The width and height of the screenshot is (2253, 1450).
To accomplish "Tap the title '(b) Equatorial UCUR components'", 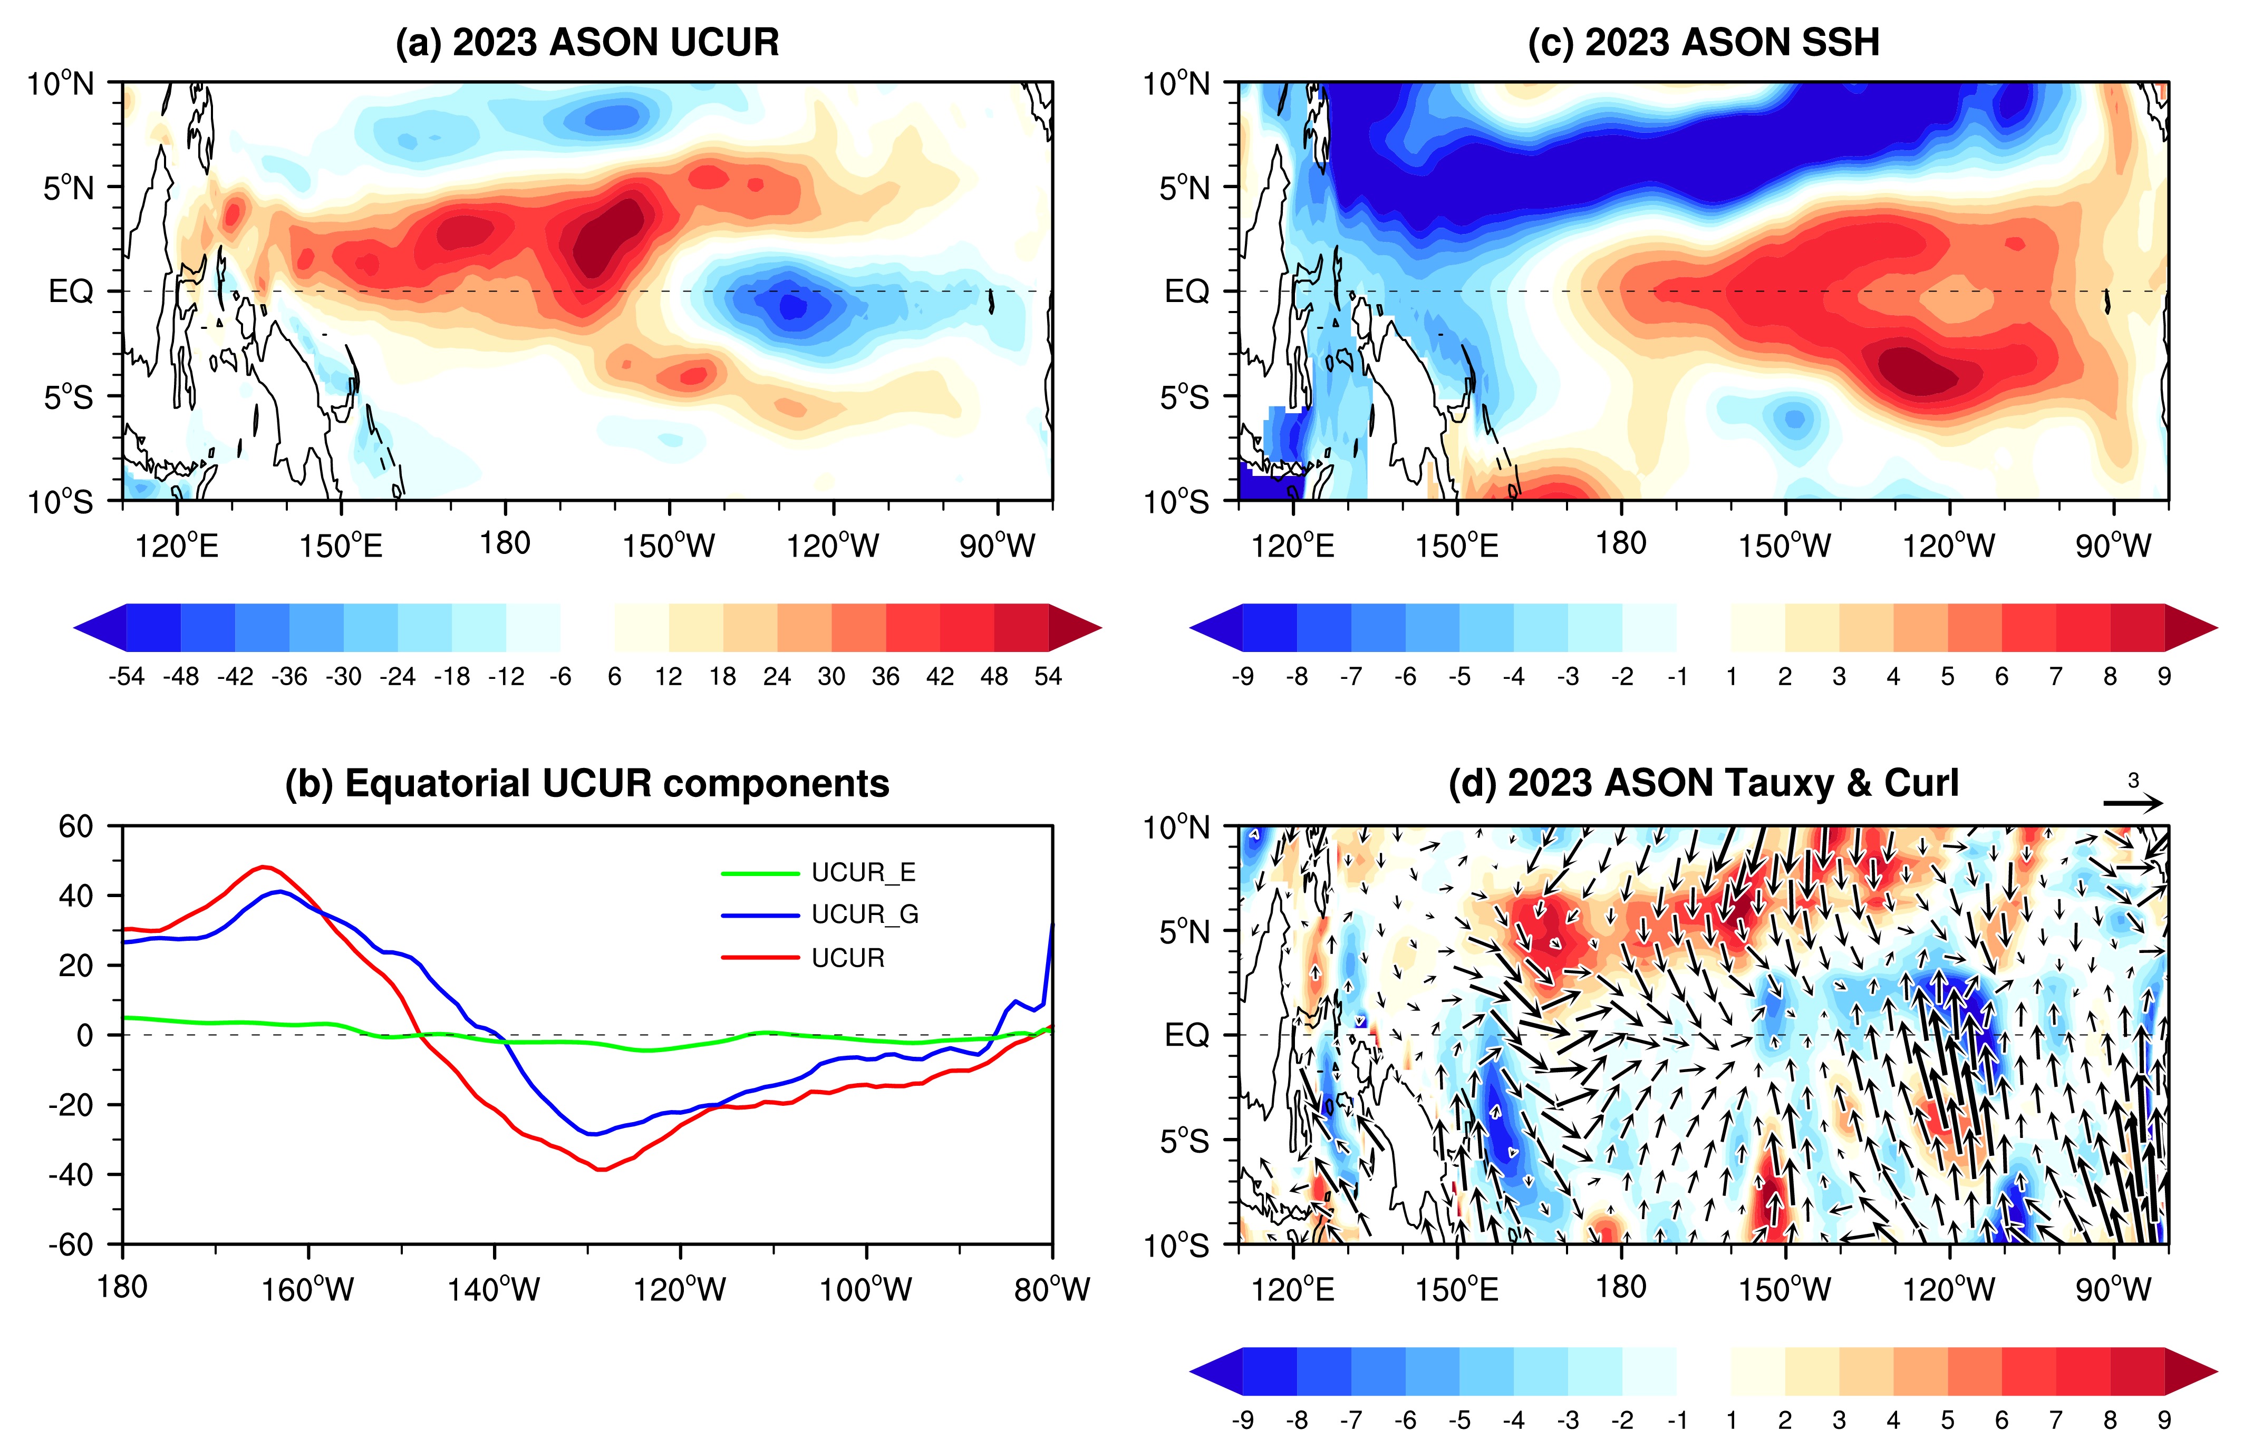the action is [x=587, y=783].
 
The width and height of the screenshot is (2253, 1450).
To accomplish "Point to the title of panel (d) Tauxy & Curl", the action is [x=1703, y=783].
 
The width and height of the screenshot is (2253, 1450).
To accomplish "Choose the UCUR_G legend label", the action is [x=865, y=914].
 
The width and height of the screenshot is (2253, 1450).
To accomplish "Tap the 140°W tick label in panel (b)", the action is [x=494, y=1289].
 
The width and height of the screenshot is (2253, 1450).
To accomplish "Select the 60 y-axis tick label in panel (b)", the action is [x=76, y=826].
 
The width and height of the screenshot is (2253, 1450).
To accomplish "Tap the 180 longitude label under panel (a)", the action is [x=505, y=543].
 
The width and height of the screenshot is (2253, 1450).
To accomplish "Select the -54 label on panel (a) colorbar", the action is [x=126, y=676].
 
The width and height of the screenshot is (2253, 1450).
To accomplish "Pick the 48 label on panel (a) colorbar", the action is [x=994, y=676].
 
